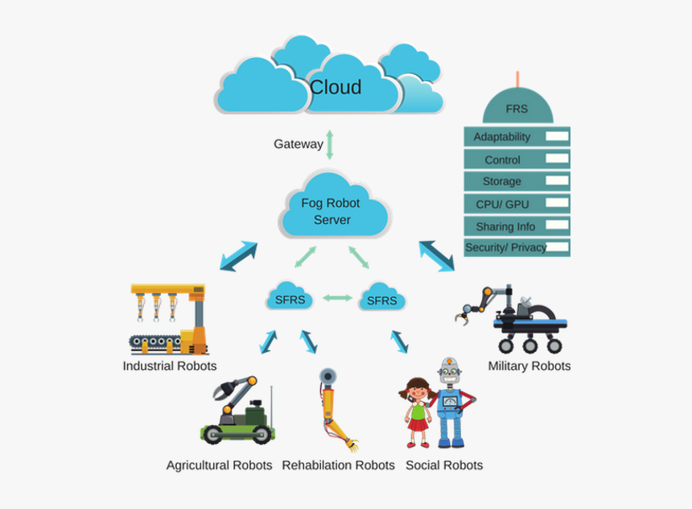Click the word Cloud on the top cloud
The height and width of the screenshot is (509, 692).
tap(336, 87)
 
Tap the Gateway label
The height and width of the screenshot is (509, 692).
tap(298, 144)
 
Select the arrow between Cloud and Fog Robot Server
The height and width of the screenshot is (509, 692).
tap(329, 144)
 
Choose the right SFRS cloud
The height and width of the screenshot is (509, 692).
tap(381, 300)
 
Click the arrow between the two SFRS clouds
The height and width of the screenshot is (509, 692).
tap(336, 298)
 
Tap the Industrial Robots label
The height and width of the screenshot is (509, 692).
tap(170, 366)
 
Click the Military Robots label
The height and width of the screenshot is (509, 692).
tap(529, 366)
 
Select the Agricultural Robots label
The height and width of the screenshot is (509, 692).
tap(219, 465)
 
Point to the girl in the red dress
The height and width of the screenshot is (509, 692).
tap(417, 412)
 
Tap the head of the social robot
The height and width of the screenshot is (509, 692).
tap(449, 371)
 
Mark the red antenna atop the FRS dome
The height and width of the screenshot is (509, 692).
tap(517, 77)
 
